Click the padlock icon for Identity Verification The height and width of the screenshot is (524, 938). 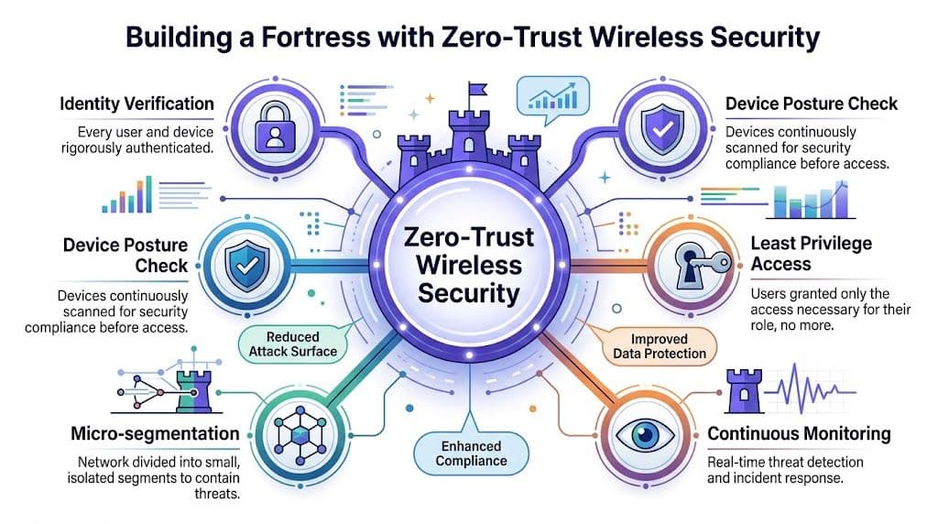pyautogui.click(x=275, y=127)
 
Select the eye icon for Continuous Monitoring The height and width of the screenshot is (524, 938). pyautogui.click(x=645, y=435)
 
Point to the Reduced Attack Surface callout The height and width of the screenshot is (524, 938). pyautogui.click(x=292, y=344)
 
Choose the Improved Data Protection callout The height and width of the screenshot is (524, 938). pyautogui.click(x=660, y=345)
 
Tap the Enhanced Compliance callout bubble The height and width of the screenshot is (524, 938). pyautogui.click(x=472, y=453)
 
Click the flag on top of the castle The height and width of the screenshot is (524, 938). pyautogui.click(x=476, y=90)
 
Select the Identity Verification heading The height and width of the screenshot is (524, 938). pyautogui.click(x=136, y=104)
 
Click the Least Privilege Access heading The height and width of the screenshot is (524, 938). pyautogui.click(x=812, y=254)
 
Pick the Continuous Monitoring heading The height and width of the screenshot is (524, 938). pyautogui.click(x=799, y=433)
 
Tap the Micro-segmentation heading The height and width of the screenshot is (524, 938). pyautogui.click(x=155, y=433)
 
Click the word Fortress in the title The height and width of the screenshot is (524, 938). pyautogui.click(x=316, y=37)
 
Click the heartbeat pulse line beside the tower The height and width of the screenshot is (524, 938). pyautogui.click(x=811, y=388)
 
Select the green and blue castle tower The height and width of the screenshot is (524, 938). pyautogui.click(x=194, y=391)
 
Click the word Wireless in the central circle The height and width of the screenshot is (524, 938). pyautogui.click(x=469, y=265)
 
